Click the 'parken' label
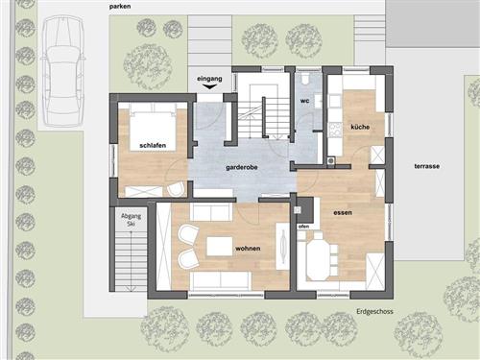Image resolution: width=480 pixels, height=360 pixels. (x=120, y=7)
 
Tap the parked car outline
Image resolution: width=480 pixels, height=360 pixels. (x=63, y=70)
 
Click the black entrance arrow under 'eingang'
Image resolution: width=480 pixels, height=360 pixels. (x=210, y=86)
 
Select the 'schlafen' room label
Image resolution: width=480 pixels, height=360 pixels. (x=153, y=146)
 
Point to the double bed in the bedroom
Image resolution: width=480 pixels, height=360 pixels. (x=153, y=127)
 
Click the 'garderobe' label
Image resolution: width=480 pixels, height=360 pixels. (x=242, y=167)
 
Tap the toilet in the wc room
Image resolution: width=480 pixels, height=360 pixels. (x=305, y=79)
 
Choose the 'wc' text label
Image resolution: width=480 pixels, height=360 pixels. (x=304, y=101)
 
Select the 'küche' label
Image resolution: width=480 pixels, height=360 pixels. (x=360, y=128)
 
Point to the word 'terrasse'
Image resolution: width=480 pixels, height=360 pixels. (x=427, y=166)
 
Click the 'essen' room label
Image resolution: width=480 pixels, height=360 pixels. (x=343, y=212)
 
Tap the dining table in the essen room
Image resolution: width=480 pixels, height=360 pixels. (x=320, y=260)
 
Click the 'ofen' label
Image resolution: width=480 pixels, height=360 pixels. (x=303, y=227)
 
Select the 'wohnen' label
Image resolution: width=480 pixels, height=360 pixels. (x=248, y=249)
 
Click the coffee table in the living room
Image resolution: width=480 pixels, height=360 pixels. (x=220, y=246)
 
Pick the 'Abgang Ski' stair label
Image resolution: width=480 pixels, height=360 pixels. (x=131, y=220)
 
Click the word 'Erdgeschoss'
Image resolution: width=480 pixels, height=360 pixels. (x=374, y=311)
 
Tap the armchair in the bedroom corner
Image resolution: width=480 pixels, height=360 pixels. (x=176, y=189)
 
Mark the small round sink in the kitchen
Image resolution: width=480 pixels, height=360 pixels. (x=330, y=160)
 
